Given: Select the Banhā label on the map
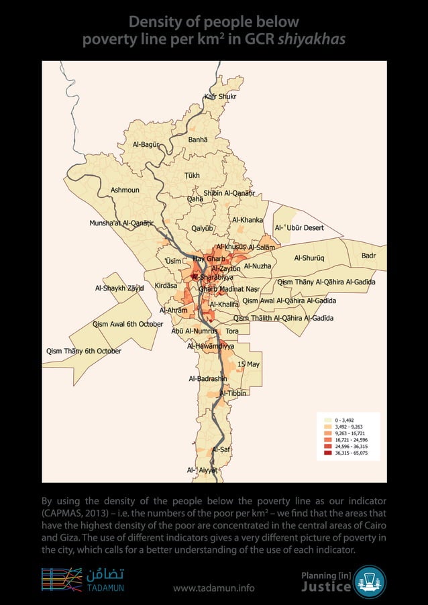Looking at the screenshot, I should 198,140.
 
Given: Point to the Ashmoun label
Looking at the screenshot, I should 125,190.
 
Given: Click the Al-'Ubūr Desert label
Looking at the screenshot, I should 299,228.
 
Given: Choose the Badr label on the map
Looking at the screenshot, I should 369,256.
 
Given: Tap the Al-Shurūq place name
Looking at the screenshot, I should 309,258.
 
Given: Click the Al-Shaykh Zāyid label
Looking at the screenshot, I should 119,288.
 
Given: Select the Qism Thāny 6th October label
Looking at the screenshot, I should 83,351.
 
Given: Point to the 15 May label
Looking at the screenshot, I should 248,364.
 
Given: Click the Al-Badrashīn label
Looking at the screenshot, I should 208,379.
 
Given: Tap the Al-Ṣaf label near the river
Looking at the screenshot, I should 221,449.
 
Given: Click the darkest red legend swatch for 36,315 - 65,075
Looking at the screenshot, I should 327,453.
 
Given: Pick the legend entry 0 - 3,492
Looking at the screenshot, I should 327,420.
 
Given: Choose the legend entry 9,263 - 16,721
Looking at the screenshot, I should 327,433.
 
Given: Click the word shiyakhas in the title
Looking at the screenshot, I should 313,40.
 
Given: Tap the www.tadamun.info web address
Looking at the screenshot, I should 213,588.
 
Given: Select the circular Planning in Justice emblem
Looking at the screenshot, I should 370,582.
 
